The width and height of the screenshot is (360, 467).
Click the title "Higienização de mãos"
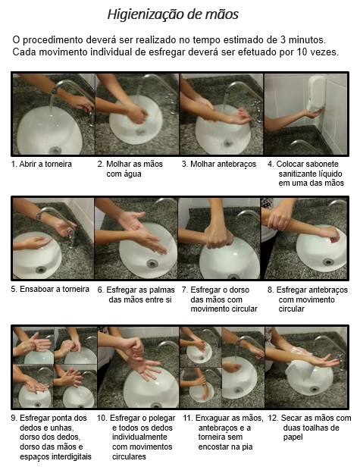173,14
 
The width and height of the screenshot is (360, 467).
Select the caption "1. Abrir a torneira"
42,164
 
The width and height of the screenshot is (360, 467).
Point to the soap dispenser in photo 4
317,93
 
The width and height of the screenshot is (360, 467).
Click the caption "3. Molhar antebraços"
219,164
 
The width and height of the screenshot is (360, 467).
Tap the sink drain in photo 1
55,150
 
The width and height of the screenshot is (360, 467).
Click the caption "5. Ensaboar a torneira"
50,289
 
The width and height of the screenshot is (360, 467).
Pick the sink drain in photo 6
152,263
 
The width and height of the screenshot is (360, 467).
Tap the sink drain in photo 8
328,262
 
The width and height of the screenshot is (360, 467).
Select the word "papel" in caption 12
293,437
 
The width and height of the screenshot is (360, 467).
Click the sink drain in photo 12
314,389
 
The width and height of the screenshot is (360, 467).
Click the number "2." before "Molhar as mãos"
101,164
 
